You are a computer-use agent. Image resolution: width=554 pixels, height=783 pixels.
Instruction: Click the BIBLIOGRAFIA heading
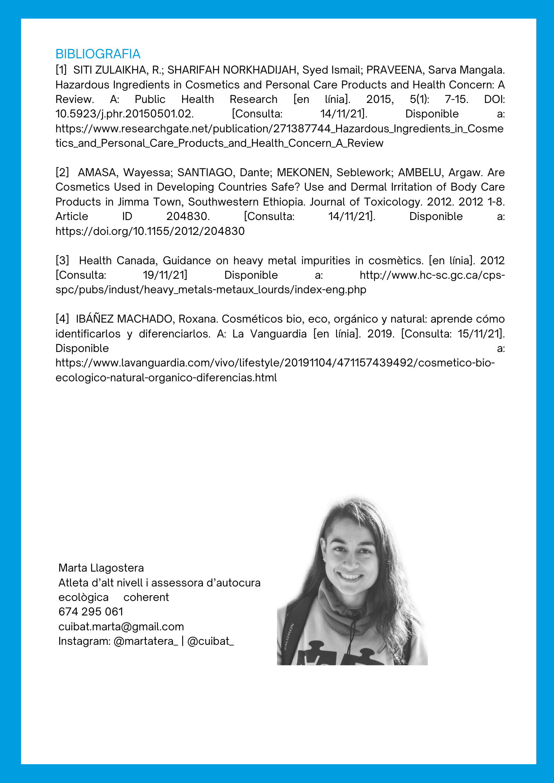[x=98, y=54]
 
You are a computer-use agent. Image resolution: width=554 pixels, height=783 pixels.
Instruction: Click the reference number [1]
[x=61, y=70]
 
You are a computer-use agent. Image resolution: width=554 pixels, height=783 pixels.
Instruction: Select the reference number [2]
[x=62, y=173]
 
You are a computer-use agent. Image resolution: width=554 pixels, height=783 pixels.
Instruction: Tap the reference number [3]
[x=62, y=261]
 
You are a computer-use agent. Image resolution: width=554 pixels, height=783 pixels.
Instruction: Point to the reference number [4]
[x=62, y=319]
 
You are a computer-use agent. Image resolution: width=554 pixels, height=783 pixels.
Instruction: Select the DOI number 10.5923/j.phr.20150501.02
[x=125, y=114]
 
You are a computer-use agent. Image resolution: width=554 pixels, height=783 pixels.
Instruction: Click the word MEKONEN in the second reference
[x=303, y=173]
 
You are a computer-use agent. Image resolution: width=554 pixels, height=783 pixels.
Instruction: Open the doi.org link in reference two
[x=150, y=231]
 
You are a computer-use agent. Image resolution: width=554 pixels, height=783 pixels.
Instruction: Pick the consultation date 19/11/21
[x=165, y=275]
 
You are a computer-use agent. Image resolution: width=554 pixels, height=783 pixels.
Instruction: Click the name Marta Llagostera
[x=101, y=568]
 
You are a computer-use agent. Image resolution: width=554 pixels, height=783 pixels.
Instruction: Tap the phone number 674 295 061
[x=91, y=612]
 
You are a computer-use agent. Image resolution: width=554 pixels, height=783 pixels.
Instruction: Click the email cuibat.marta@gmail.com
[x=121, y=626]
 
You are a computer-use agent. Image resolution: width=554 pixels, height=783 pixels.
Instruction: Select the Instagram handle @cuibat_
[x=211, y=641]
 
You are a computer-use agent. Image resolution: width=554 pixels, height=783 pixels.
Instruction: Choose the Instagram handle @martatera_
[x=145, y=641]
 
